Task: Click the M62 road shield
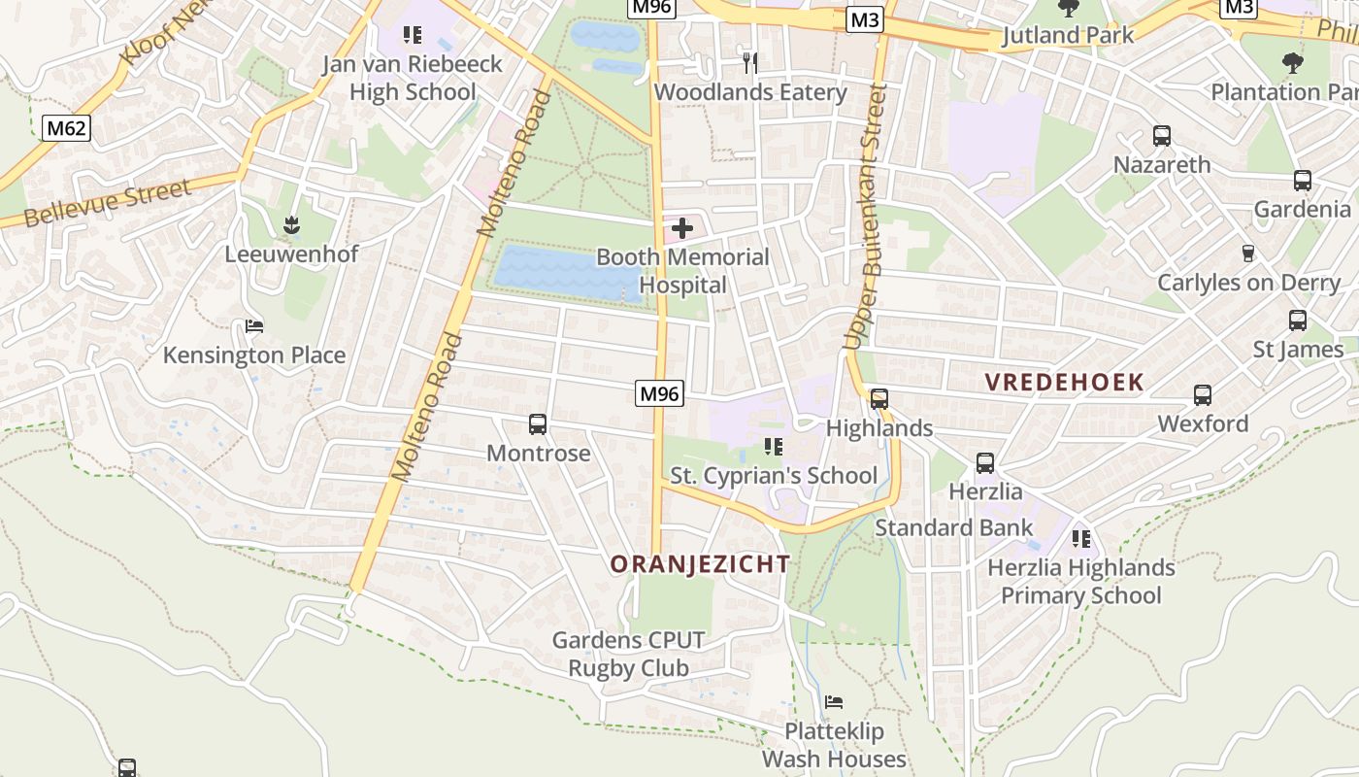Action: coord(66,127)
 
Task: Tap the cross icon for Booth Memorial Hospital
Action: coord(682,229)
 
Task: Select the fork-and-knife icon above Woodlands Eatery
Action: coord(749,63)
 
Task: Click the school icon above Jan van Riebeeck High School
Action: coord(413,36)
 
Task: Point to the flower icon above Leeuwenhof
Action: coord(291,226)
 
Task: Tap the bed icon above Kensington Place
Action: coord(254,326)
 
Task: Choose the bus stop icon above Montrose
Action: coord(538,424)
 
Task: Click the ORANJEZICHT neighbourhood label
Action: coord(700,564)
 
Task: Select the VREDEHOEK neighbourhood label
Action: coord(1065,382)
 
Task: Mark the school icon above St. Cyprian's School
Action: coord(774,447)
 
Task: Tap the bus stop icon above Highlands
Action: coord(879,399)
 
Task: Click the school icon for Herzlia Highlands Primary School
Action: coord(1081,538)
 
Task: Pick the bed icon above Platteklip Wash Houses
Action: coord(834,702)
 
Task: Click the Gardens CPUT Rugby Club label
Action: coord(628,654)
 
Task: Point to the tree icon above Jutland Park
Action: coord(1069,9)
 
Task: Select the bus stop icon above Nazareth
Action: coord(1162,136)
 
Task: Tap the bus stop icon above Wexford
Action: coord(1203,395)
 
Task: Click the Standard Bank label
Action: coord(954,527)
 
